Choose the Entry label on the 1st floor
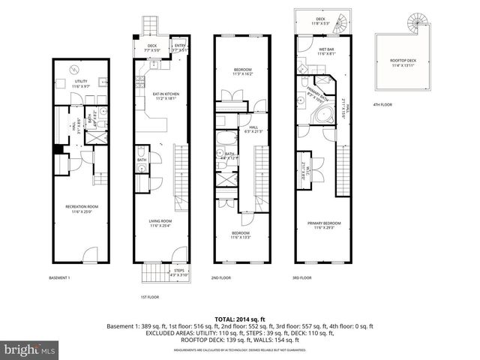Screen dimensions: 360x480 (x=180, y=47)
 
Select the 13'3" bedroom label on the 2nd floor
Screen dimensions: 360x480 (x=241, y=235)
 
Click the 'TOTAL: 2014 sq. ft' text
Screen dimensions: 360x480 (x=240, y=319)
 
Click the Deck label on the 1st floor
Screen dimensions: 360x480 (x=151, y=47)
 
